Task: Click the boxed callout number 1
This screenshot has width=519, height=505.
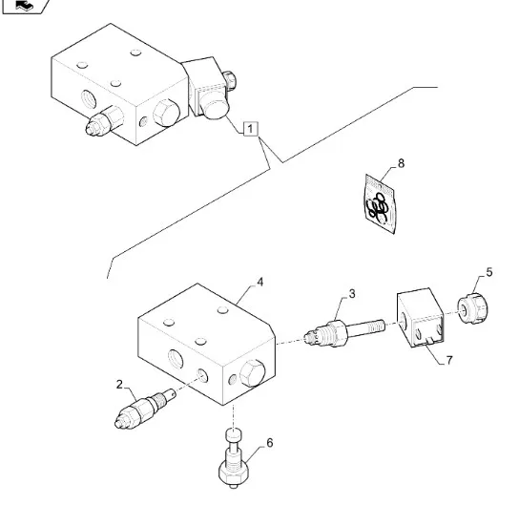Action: click(250, 129)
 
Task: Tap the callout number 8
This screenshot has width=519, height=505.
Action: click(401, 163)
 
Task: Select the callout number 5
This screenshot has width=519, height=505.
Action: click(489, 272)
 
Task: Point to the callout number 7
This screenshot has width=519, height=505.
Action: click(448, 360)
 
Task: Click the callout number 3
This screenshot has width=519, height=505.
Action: click(352, 294)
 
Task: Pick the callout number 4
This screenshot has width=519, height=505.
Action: click(260, 283)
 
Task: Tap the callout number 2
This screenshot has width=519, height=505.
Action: click(119, 385)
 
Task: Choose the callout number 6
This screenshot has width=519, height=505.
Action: click(270, 443)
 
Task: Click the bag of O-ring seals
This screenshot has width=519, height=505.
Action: click(380, 204)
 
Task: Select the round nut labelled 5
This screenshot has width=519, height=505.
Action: click(473, 308)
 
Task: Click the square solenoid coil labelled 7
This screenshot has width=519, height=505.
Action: click(421, 318)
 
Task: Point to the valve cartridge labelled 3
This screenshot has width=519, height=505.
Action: click(343, 332)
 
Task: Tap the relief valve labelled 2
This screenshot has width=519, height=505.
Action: click(145, 409)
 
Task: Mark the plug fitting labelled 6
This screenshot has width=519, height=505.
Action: click(233, 458)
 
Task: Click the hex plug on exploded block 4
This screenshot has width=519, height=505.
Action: click(252, 373)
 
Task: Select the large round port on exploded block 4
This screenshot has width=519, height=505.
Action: click(176, 360)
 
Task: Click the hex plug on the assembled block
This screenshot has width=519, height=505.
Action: click(166, 113)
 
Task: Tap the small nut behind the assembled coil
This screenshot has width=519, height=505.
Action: click(229, 80)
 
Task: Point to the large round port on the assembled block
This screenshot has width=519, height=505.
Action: click(89, 100)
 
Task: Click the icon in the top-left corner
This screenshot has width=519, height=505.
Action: click(26, 7)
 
